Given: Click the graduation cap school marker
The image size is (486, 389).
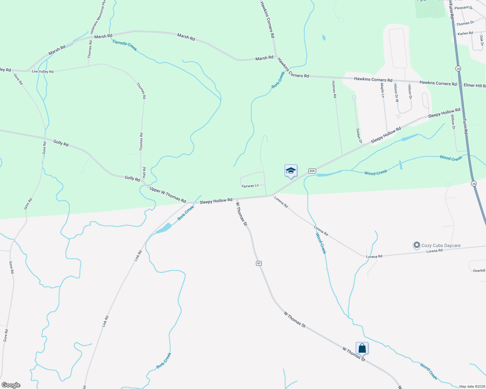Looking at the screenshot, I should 291,171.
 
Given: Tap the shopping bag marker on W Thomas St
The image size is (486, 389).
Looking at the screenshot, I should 362,348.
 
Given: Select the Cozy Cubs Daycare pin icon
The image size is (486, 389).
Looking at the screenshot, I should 416,245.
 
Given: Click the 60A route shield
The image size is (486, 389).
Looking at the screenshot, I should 312,171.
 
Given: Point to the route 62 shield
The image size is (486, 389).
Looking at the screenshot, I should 259,263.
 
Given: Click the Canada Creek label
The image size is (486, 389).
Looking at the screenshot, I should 125,45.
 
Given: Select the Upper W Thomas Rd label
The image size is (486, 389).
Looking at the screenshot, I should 168,195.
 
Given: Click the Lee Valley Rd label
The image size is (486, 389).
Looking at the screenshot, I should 43,72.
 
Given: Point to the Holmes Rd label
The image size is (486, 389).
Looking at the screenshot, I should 334,89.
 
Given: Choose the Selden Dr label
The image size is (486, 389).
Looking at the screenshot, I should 359,136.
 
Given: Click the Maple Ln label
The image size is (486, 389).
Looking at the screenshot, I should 382,90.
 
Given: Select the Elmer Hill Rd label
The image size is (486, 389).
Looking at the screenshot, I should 475,86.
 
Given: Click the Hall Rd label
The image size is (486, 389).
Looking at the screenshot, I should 144,172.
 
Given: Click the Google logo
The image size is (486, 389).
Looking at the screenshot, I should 11,385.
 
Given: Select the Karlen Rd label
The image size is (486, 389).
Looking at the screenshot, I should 465,33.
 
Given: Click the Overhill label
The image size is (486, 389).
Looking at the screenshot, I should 479,271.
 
